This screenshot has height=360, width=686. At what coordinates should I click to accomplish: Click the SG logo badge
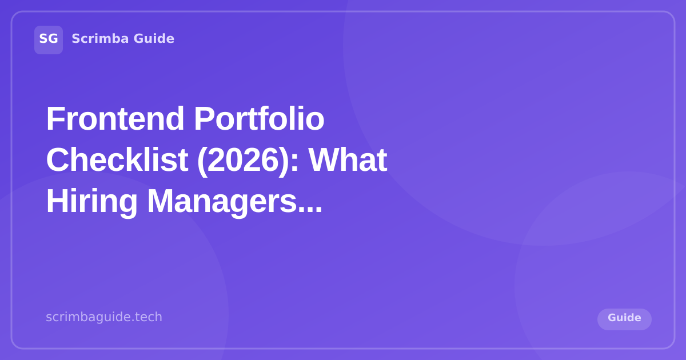[49, 39]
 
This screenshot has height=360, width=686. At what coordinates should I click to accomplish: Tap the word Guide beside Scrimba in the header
[154, 39]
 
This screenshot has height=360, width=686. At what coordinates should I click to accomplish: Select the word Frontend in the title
[115, 118]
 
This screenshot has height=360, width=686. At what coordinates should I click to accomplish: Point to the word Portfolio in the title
[258, 118]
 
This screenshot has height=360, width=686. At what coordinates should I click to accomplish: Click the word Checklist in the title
[117, 159]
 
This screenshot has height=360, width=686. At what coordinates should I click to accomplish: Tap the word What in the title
[348, 159]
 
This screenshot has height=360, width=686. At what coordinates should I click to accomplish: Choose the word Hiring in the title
[91, 201]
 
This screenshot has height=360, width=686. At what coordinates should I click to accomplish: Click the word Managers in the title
[221, 201]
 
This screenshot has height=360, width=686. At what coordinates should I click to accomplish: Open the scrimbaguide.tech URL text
[104, 317]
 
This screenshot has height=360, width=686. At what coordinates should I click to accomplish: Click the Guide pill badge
[624, 318]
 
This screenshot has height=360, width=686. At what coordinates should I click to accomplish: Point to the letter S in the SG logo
[43, 39]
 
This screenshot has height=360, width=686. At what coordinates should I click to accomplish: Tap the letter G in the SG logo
[53, 39]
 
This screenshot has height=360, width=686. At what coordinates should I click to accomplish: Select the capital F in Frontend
[54, 118]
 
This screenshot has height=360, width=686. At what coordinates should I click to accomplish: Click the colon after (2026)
[295, 162]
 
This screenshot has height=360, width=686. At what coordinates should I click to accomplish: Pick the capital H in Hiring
[56, 201]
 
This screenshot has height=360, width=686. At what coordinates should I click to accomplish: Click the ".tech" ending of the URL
[148, 317]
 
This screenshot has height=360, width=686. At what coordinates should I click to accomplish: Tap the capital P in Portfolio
[204, 118]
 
